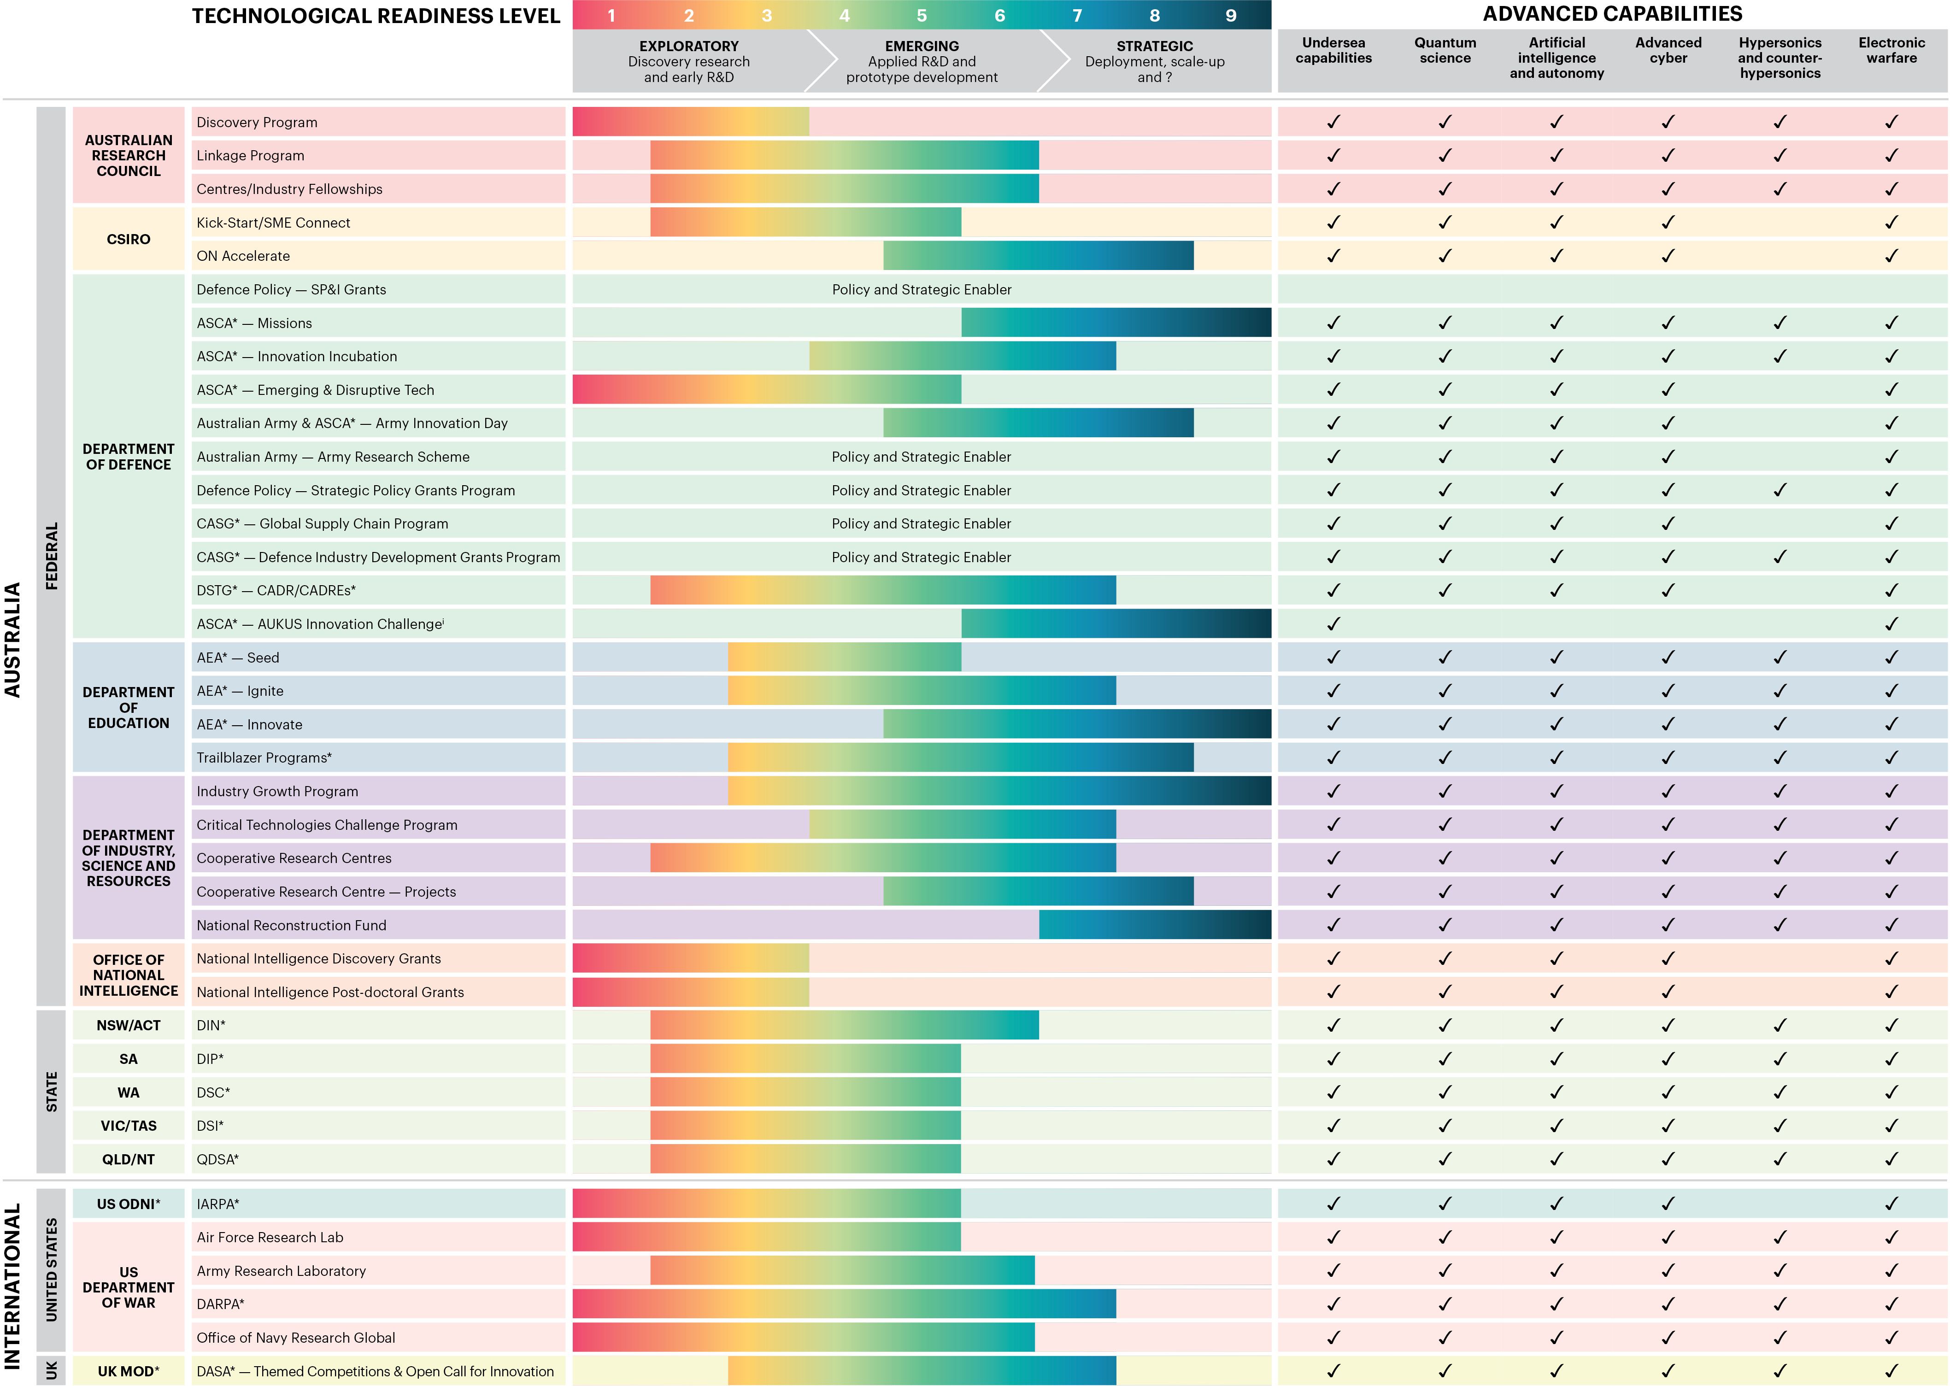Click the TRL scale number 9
pyautogui.click(x=1231, y=15)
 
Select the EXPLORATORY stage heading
pyautogui.click(x=689, y=46)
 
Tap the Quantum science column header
pyautogui.click(x=1445, y=50)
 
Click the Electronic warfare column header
pyautogui.click(x=1891, y=50)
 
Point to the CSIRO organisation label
pyautogui.click(x=128, y=239)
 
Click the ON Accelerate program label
pyautogui.click(x=243, y=256)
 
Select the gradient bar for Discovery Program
pyautogui.click(x=690, y=122)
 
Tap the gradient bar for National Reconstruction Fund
pyautogui.click(x=1155, y=925)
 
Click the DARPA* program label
pyautogui.click(x=220, y=1304)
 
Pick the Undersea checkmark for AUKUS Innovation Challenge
pyautogui.click(x=1333, y=624)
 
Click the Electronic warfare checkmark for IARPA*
pyautogui.click(x=1891, y=1204)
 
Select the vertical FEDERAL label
pyautogui.click(x=51, y=556)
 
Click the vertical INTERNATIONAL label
pyautogui.click(x=13, y=1285)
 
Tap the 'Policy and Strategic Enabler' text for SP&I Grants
pyautogui.click(x=922, y=289)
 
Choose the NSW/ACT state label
pyautogui.click(x=128, y=1026)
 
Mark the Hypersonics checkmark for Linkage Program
pyautogui.click(x=1780, y=155)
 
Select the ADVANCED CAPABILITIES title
pyautogui.click(x=1612, y=14)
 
